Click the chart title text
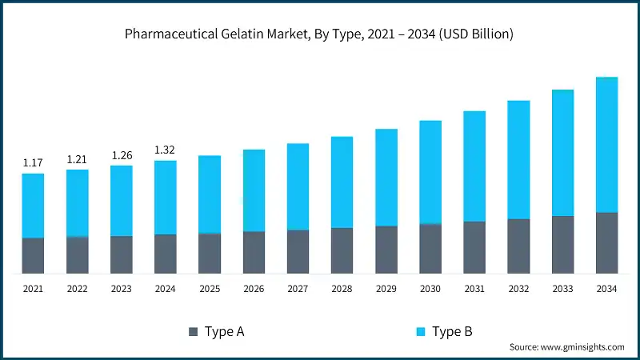coord(320,34)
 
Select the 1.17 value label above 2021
coord(33,162)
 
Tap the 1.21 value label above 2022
coord(77,159)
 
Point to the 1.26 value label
coord(121,155)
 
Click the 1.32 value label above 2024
coord(165,150)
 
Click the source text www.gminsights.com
coord(566,347)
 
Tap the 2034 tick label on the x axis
coord(606,288)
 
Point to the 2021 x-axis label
coord(33,288)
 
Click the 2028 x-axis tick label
coord(342,288)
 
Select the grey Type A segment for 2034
coord(606,243)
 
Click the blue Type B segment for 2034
coord(606,145)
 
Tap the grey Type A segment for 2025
coord(210,254)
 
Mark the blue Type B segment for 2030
coord(430,172)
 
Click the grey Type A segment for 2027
coord(298,252)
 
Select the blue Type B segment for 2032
coord(518,160)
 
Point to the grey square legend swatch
coord(192,331)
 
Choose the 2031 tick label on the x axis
coord(474,288)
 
